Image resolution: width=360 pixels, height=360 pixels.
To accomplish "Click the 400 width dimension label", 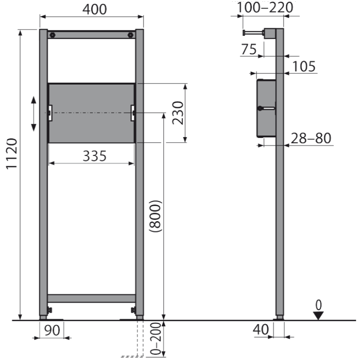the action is [95, 9].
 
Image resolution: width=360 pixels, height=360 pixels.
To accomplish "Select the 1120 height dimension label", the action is [12, 154].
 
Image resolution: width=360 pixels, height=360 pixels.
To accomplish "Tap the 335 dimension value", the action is [95, 156].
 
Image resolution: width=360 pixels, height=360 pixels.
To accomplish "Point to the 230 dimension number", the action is [178, 113].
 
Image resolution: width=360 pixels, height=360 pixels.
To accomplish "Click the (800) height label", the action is [156, 216].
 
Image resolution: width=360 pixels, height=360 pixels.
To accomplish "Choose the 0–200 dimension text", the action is [156, 339].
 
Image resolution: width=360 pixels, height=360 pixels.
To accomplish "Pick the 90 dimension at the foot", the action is [52, 331].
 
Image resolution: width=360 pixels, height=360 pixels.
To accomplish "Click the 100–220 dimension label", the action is [265, 7].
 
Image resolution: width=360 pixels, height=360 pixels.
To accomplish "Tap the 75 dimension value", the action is [249, 49].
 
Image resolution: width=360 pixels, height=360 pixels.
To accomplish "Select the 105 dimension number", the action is [304, 67].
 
